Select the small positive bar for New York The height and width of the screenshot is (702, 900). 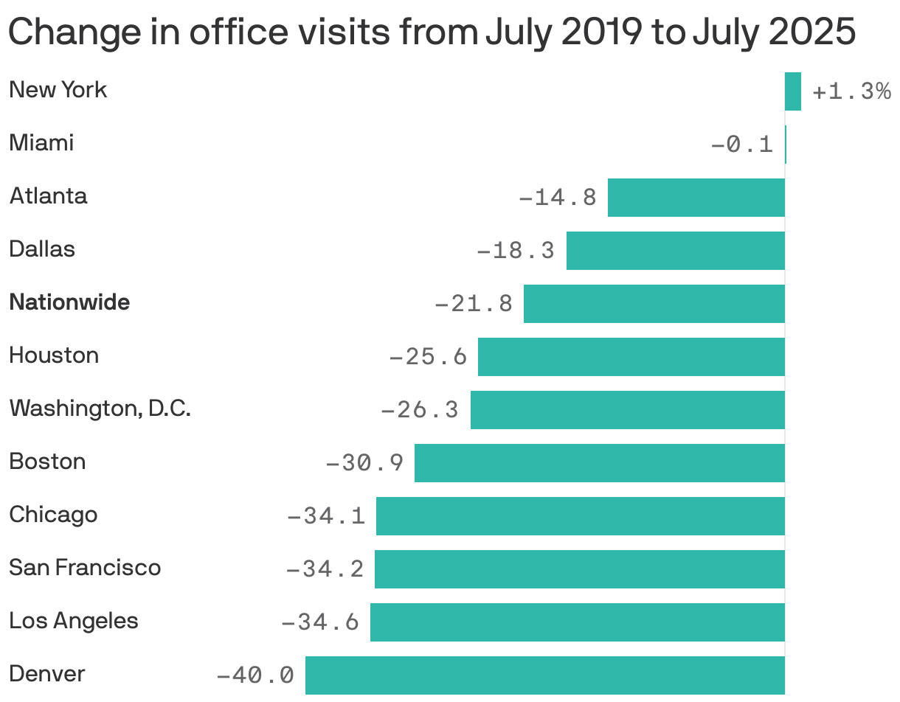pos(793,91)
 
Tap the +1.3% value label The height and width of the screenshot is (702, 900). pos(851,91)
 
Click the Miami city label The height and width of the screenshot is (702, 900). pos(41,142)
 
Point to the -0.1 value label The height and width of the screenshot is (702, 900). pos(742,145)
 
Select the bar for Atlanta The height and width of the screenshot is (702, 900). pos(696,198)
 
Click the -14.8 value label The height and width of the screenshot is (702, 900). pos(558,198)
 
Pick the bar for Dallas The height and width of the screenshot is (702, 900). pos(675,251)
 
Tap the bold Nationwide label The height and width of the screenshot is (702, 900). pos(69,302)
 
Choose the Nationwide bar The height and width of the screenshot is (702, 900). pos(654,304)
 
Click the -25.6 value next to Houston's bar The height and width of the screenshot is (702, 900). pos(428,357)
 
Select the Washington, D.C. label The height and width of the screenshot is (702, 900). pos(100,408)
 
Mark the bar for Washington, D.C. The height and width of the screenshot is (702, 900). pos(627,410)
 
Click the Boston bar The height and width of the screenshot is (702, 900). pos(599,463)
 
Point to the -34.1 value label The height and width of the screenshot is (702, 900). pos(326,516)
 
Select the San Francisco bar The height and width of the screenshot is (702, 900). pos(579,569)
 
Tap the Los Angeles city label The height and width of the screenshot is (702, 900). pos(73,620)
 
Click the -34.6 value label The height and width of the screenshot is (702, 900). pos(320,622)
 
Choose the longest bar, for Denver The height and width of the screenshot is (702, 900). pos(544,675)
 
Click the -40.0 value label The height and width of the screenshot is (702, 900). pos(255,675)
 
